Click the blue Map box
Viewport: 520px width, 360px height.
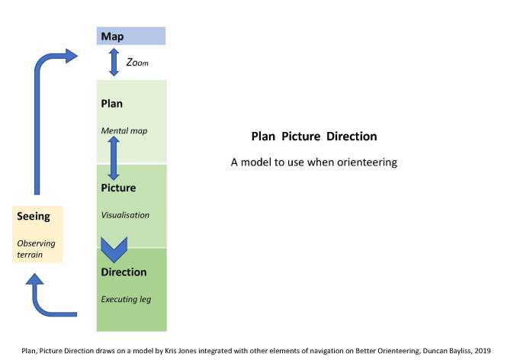130,36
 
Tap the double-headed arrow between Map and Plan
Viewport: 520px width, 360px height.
114,62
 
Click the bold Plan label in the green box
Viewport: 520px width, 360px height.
112,103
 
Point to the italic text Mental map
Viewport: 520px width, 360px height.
124,130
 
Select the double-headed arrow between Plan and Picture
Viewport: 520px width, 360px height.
114,159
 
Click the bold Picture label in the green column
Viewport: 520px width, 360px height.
118,188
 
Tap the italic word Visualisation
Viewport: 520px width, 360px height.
125,215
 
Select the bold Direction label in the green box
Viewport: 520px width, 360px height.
124,272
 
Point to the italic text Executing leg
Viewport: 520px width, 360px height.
126,299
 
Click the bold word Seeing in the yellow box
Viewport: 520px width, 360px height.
34,217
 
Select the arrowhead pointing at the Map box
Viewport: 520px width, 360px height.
72,56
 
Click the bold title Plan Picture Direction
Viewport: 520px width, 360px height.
314,137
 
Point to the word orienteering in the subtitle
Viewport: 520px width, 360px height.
369,162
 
